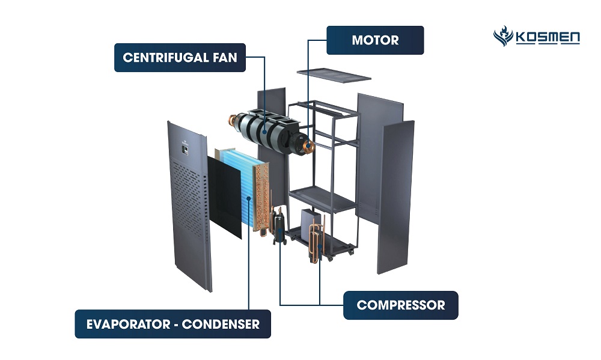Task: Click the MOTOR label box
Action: pos(375,40)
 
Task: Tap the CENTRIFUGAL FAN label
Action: pos(180,58)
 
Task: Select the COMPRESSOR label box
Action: pos(400,305)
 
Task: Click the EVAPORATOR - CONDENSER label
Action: pos(172,324)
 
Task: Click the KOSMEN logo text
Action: pos(548,38)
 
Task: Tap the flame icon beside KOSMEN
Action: pos(503,37)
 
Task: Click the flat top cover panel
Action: pos(334,74)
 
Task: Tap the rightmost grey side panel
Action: pos(395,195)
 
